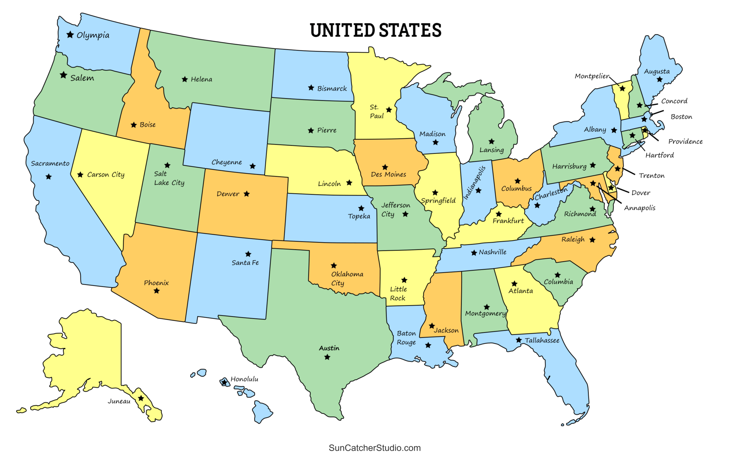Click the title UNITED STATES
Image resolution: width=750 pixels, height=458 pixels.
(375, 30)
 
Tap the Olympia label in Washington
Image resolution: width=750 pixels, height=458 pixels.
(93, 36)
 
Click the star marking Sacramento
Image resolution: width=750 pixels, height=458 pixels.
(49, 177)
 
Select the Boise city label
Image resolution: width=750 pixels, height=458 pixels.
(148, 125)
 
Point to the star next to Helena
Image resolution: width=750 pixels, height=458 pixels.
(185, 79)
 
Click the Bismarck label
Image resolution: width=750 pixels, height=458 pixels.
(332, 88)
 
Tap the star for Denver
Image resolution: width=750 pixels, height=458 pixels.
(247, 194)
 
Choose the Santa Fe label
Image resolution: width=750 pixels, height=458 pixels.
(245, 263)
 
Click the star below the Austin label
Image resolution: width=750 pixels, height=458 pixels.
(327, 357)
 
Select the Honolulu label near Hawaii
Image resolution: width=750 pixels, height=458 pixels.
(244, 379)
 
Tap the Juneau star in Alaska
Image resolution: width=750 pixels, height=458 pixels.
(141, 398)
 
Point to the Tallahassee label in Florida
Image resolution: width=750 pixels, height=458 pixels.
(542, 341)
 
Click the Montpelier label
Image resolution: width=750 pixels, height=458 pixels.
(592, 76)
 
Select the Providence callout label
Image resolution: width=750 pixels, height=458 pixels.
(685, 141)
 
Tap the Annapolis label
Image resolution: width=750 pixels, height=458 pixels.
(640, 208)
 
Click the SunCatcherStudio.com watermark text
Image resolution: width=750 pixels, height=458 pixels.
(375, 448)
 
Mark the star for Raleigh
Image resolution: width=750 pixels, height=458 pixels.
(592, 240)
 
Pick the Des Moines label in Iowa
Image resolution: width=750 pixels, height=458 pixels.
(388, 174)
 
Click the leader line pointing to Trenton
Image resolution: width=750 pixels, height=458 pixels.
(629, 171)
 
